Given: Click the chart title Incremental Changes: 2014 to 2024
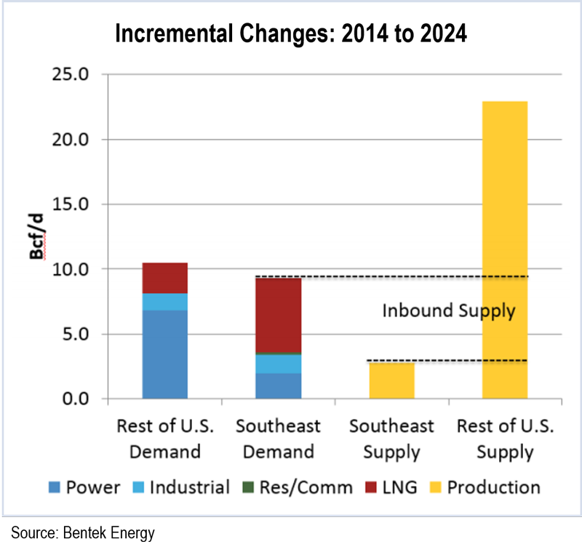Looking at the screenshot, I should [x=291, y=33].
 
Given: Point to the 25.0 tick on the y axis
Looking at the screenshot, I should [x=72, y=75].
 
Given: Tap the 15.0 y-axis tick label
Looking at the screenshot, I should [x=72, y=204].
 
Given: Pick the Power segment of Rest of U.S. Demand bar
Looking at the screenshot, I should [x=165, y=355].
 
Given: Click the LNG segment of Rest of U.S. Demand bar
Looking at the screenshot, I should [x=165, y=278].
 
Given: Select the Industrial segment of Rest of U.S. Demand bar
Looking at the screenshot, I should [x=165, y=302].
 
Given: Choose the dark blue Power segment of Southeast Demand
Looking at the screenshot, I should [x=279, y=386].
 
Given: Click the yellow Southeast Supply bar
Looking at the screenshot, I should [x=392, y=380].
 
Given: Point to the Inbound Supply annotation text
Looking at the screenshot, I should [x=449, y=311].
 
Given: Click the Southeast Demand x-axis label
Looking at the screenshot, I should [x=279, y=439].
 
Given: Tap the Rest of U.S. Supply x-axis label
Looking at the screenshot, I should [x=505, y=439].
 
